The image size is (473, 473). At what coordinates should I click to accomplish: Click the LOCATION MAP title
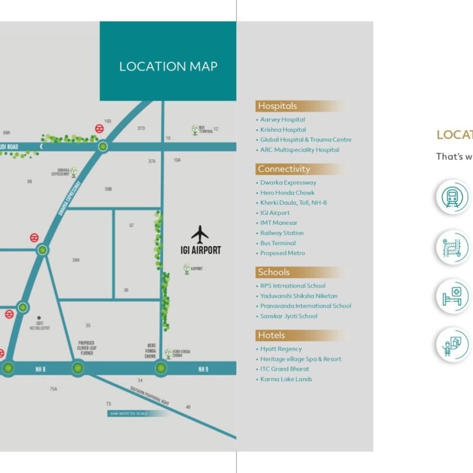click(168, 67)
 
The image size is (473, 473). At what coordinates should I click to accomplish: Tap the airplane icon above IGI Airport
click(200, 234)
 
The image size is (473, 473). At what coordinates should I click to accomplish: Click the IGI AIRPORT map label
click(201, 250)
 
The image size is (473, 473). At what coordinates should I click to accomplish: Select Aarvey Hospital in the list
click(282, 120)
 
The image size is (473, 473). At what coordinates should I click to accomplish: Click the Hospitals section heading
click(277, 106)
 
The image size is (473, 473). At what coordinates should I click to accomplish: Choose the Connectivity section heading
click(284, 169)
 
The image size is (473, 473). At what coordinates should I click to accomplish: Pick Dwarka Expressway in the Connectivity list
click(288, 183)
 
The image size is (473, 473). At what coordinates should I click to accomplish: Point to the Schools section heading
click(273, 272)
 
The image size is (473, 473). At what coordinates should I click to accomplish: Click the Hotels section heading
click(271, 335)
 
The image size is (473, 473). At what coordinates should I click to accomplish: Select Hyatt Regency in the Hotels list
click(281, 349)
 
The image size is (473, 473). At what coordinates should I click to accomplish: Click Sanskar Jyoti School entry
click(289, 316)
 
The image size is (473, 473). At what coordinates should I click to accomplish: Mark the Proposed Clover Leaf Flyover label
click(86, 348)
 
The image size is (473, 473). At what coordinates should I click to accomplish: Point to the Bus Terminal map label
click(205, 129)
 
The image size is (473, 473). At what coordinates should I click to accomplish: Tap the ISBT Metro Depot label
click(39, 325)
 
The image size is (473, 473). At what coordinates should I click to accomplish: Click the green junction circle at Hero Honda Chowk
click(161, 368)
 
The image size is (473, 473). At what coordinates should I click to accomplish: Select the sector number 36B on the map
click(108, 189)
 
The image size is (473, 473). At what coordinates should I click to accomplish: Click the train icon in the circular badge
click(451, 198)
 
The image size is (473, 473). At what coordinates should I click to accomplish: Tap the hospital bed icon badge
click(451, 296)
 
